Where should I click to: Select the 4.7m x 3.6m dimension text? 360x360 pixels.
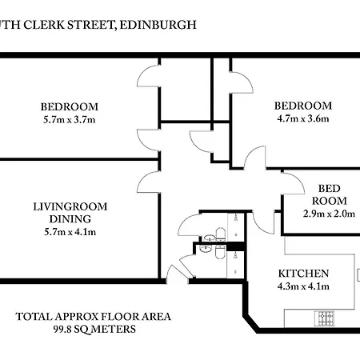302,119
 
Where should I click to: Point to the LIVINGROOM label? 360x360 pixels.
70,206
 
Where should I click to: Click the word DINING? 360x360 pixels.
70,219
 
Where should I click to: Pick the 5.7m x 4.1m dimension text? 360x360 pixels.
70,233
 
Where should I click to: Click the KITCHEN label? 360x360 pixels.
302,274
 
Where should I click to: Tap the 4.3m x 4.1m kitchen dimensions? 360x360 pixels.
302,286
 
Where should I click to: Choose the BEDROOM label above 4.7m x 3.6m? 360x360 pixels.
302,106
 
